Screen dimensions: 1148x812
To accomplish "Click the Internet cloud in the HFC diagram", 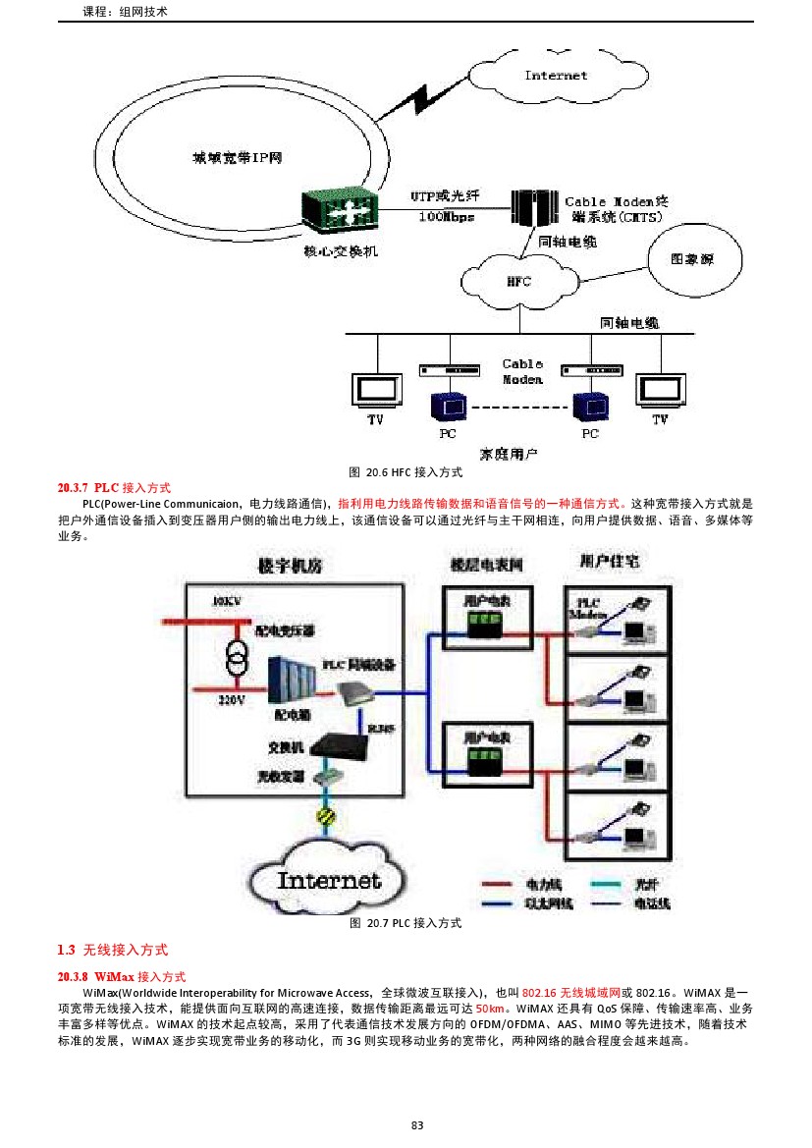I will click(555, 75).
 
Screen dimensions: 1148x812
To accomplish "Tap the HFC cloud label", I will click(517, 282).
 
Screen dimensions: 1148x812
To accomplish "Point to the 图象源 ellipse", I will click(691, 260).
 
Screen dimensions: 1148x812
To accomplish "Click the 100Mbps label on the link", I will click(447, 216).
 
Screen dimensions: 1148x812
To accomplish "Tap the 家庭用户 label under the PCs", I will click(509, 454).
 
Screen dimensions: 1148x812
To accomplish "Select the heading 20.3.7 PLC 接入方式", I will click(114, 487).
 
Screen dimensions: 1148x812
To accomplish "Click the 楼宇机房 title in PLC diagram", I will click(290, 566).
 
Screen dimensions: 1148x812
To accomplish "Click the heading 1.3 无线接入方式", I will click(112, 950).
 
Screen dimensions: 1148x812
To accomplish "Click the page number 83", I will click(416, 1124).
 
